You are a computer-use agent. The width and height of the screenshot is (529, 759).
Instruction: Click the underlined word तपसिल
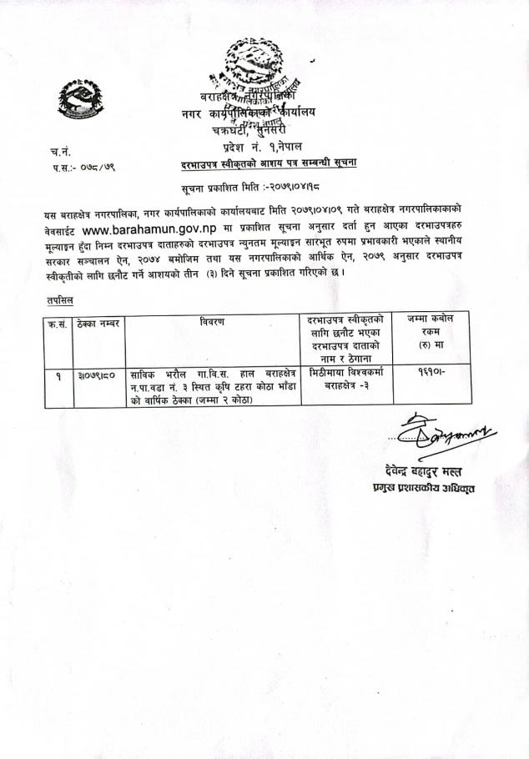[57, 299]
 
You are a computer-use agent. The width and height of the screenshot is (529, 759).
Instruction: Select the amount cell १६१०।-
[432, 375]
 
